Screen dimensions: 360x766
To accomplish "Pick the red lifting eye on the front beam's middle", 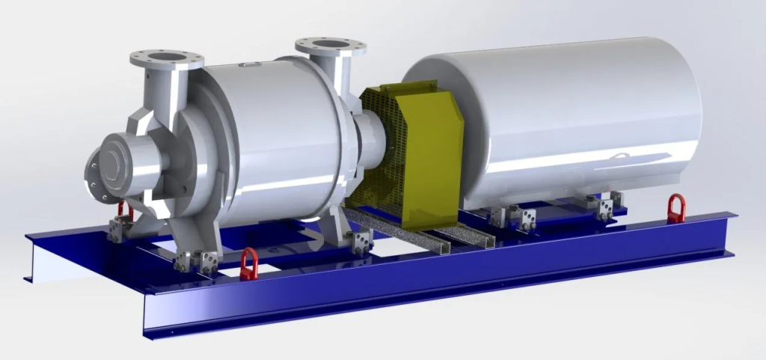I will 248,263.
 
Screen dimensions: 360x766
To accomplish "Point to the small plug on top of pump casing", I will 245,67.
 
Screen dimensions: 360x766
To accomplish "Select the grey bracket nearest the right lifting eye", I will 607,205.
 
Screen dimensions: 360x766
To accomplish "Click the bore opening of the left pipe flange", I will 166,55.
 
